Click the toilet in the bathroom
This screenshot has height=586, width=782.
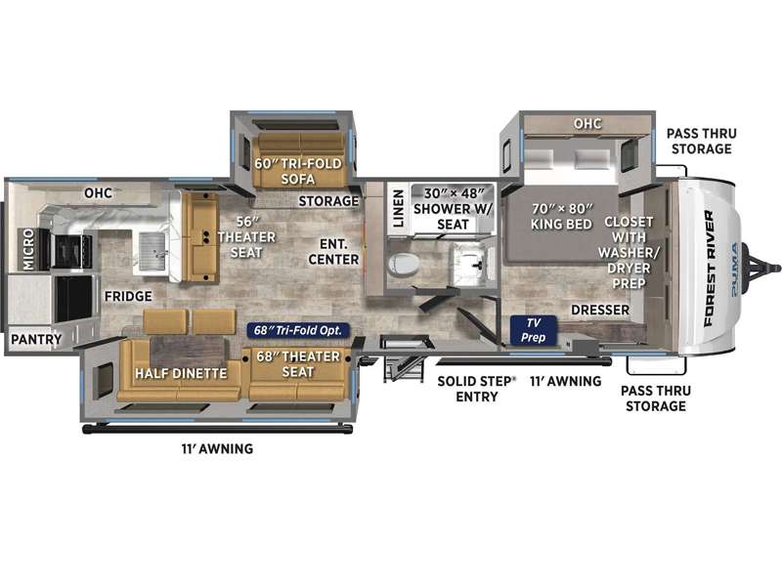pos(404,264)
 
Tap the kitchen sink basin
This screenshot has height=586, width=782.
pos(152,252)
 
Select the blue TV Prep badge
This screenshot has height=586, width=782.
pos(533,330)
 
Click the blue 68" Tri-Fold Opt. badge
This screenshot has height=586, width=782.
pos(298,330)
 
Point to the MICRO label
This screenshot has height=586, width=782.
pos(28,249)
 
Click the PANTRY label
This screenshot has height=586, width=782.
pos(36,340)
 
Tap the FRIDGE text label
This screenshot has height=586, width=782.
pos(128,297)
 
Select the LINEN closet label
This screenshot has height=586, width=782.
pos(398,208)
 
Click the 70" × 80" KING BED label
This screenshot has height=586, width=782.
pos(561,216)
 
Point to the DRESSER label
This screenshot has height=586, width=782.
pos(600,310)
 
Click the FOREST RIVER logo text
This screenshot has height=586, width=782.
pos(708,269)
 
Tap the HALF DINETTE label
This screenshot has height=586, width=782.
pos(181,373)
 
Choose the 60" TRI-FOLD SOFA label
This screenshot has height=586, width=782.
pos(298,171)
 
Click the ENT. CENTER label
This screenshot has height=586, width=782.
pos(333,252)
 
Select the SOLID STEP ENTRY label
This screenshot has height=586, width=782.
pos(476,389)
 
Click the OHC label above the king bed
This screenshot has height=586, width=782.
pos(587,124)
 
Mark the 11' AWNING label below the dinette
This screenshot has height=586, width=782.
pos(217,449)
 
